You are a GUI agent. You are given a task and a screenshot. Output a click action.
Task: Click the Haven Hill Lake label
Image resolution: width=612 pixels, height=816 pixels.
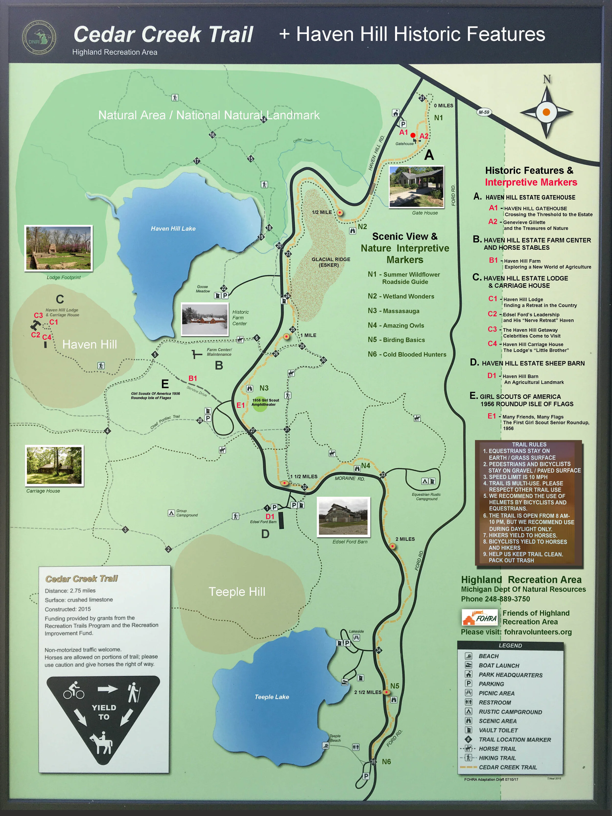click(x=173, y=229)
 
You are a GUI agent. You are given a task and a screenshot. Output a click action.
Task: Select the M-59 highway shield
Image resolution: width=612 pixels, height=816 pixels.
click(x=484, y=112)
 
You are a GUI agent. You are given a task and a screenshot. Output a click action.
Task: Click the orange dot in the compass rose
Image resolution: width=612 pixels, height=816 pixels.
click(x=546, y=112)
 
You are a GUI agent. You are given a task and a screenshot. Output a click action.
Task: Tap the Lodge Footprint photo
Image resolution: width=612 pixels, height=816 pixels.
click(x=58, y=248)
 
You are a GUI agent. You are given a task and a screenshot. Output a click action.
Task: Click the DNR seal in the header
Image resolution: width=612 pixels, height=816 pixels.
click(x=39, y=38)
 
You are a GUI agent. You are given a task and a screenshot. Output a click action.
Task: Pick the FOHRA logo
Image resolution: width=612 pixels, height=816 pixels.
click(x=480, y=618)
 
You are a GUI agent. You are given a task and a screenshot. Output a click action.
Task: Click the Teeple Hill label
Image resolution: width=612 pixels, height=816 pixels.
click(x=237, y=592)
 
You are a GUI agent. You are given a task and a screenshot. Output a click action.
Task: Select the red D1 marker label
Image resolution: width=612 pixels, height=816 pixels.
click(x=270, y=516)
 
